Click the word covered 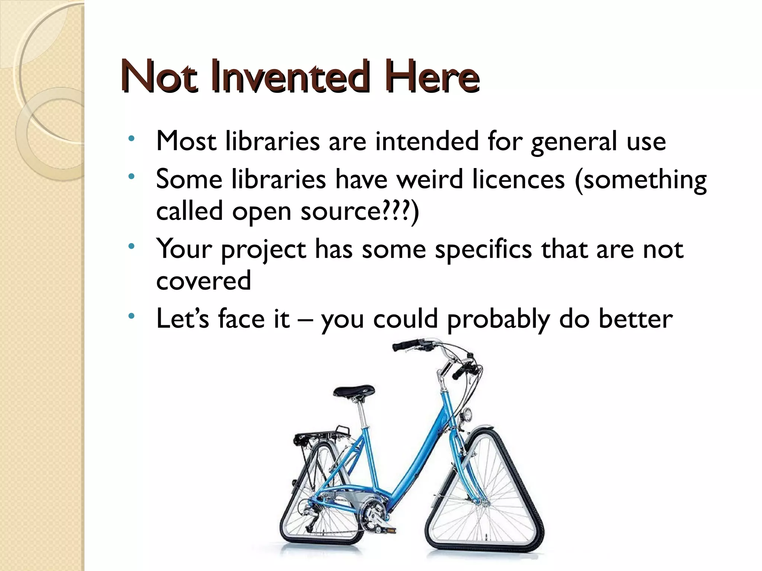tap(204, 281)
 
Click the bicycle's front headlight tap(468, 414)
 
